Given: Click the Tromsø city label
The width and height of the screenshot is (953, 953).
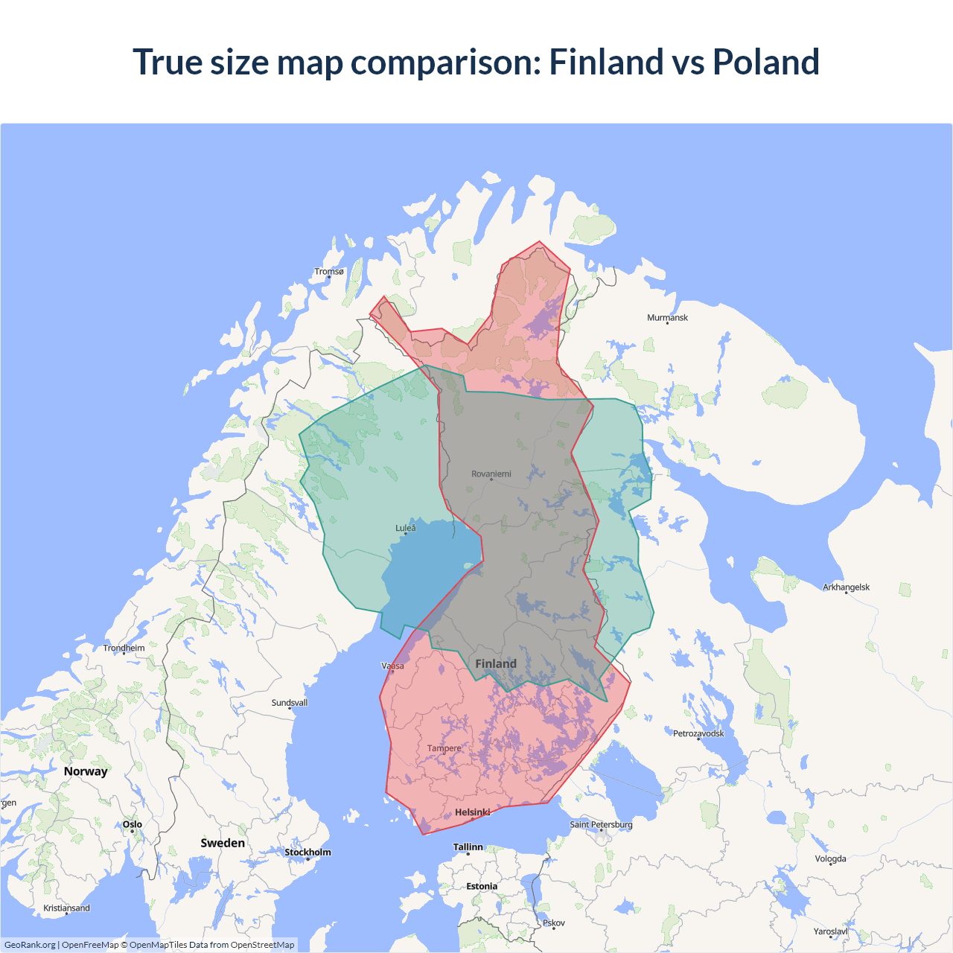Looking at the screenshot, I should point(329,272).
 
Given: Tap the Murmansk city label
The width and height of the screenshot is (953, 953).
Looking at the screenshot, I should point(667,318).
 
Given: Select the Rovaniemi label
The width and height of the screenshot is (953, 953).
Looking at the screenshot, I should point(491,474).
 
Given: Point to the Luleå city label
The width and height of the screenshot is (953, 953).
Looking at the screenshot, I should point(406,529).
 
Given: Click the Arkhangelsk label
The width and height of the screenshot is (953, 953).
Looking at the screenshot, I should point(846,587).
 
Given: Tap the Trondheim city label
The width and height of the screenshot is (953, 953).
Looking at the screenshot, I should point(124,648).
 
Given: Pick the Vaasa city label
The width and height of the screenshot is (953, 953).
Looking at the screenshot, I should point(393,666).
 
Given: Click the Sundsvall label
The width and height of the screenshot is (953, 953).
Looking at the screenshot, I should point(290,703).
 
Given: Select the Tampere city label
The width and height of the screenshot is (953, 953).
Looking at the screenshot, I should point(444,748).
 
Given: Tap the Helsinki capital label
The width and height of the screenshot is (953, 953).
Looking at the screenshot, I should point(473,812).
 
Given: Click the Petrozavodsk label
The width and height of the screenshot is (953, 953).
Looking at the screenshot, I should point(698,734).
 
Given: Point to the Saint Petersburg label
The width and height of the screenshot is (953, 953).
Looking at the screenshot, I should point(601,825).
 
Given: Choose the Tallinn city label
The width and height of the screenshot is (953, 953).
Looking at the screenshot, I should point(468,847).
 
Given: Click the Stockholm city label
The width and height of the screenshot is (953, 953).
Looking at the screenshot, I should point(307,852).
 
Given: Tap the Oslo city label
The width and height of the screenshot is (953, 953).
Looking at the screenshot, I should point(133,825).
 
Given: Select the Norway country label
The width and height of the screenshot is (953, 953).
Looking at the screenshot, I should point(86,771).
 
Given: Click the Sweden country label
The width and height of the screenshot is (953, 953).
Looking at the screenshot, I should point(223,843).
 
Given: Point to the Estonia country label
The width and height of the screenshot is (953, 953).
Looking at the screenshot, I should point(482,887).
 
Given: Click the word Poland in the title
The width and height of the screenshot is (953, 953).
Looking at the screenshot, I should point(765,62).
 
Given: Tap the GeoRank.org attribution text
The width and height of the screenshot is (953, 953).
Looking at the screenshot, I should point(30,945).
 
